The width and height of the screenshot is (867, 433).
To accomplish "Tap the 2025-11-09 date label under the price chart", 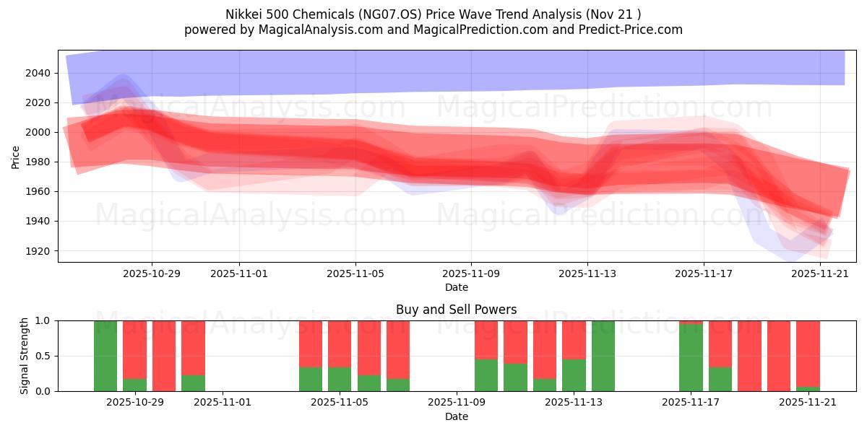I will click(x=471, y=274).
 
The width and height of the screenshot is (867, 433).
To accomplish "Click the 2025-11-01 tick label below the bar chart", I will click(x=223, y=403).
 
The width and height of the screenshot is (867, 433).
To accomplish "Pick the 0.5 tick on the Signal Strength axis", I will click(x=43, y=356).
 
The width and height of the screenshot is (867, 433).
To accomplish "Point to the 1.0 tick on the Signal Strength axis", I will click(x=43, y=320).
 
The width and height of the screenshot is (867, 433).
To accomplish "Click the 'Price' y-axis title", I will click(x=16, y=156).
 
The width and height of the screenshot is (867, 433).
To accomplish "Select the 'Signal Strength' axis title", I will click(x=24, y=356).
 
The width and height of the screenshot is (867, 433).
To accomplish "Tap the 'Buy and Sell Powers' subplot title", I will click(x=456, y=310).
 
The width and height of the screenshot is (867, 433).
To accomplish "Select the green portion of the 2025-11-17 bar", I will click(x=691, y=357).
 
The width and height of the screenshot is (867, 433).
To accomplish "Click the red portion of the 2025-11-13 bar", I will click(x=574, y=339).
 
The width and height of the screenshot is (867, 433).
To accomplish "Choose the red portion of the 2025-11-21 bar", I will click(x=808, y=354).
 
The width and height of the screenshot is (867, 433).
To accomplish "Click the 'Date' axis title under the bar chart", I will click(x=456, y=416).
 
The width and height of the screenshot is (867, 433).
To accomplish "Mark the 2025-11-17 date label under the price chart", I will click(x=704, y=274).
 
